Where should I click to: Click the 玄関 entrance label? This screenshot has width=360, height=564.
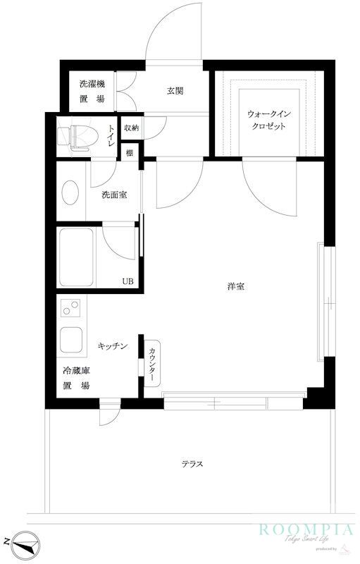pyautogui.click(x=175, y=90)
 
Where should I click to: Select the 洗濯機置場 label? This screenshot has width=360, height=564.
pyautogui.click(x=92, y=92)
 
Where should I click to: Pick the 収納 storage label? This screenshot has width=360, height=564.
pyautogui.click(x=131, y=128)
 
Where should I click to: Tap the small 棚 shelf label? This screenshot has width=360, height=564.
pyautogui.click(x=130, y=152)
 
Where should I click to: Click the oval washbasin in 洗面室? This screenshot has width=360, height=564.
pyautogui.click(x=70, y=192)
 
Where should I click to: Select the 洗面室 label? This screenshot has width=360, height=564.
pyautogui.click(x=113, y=195)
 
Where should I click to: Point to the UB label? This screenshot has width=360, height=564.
pyautogui.click(x=128, y=281)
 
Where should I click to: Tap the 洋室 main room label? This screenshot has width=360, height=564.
pyautogui.click(x=235, y=286)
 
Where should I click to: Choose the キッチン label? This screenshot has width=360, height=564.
pyautogui.click(x=112, y=346)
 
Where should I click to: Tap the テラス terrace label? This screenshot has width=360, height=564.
pyautogui.click(x=192, y=463)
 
